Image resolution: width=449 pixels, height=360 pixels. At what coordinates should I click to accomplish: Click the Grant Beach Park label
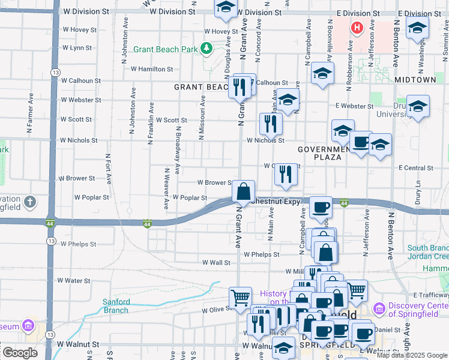coord(166,50)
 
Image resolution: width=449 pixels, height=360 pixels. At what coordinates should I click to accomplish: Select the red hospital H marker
coord(357,28)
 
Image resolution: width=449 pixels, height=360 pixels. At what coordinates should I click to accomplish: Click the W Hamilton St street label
coord(152,69)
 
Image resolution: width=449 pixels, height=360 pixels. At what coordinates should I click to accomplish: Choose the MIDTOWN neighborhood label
coord(415,79)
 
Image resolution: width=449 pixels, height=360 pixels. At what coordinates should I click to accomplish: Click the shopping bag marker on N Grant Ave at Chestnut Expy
coord(244,193)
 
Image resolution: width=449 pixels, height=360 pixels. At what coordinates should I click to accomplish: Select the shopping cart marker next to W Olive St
coord(240,297)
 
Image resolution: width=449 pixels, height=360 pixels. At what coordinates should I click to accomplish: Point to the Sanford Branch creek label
coord(116,306)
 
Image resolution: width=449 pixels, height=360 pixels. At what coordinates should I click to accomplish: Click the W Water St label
coord(74,280)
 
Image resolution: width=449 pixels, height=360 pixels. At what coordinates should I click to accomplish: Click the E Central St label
coord(416,168)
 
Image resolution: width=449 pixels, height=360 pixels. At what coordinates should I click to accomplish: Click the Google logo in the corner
coord(19,353)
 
